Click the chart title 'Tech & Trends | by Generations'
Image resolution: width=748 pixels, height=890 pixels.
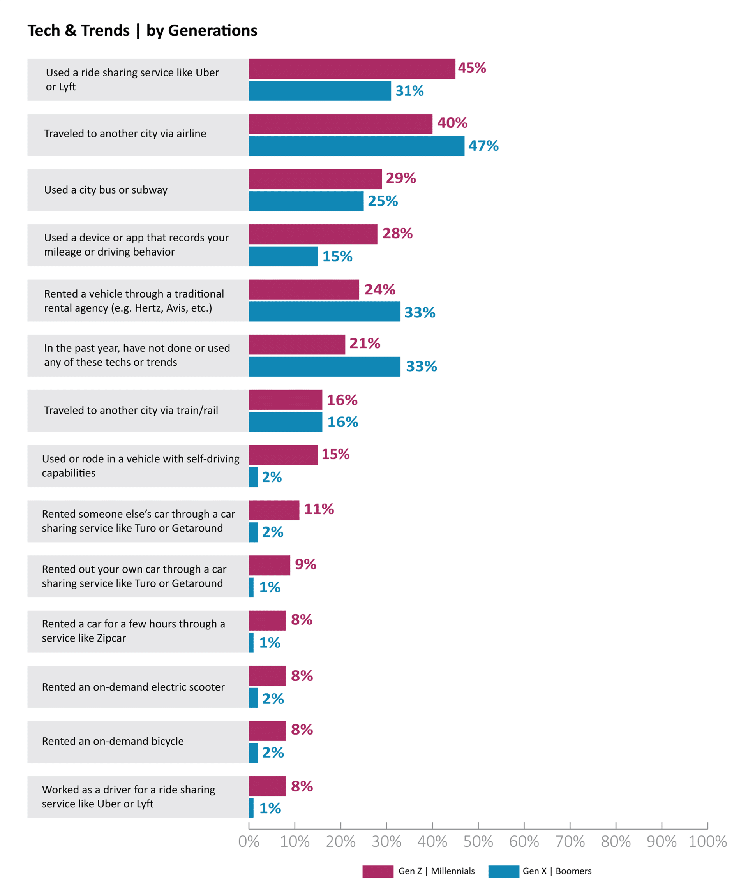coord(142,30)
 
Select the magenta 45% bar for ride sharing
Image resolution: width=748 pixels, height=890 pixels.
coord(351,69)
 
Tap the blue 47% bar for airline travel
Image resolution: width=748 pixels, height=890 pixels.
coord(356,146)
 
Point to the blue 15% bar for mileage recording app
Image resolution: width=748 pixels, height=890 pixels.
coord(283,256)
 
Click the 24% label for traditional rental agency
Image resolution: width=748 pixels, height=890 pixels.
coord(379,290)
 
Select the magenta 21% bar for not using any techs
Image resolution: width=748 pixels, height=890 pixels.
coord(297,344)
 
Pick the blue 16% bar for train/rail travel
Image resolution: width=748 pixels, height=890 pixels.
coord(286,422)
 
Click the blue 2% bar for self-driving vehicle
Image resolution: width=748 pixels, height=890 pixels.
coord(253,477)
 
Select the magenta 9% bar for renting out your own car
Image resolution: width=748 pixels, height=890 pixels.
coord(269,565)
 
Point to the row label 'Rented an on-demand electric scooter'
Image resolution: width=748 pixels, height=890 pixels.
coord(133,687)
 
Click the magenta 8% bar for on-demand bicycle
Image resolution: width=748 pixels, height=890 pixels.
coord(267,731)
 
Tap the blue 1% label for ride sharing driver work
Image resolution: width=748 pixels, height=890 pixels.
coord(270,808)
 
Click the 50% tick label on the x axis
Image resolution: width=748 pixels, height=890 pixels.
coord(478,842)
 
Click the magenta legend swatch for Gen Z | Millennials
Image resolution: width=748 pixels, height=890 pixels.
coord(378,871)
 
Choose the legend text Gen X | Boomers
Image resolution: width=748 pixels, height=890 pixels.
coord(556,871)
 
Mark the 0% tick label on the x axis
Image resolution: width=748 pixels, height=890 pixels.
coord(249,842)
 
